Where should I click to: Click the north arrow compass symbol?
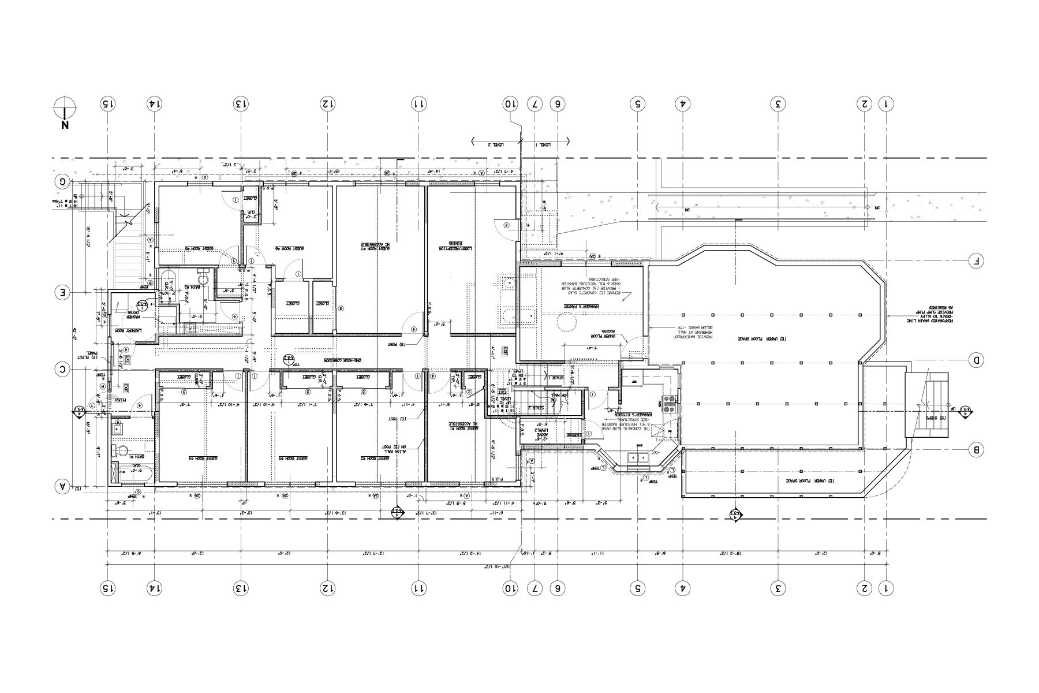click(65, 107)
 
